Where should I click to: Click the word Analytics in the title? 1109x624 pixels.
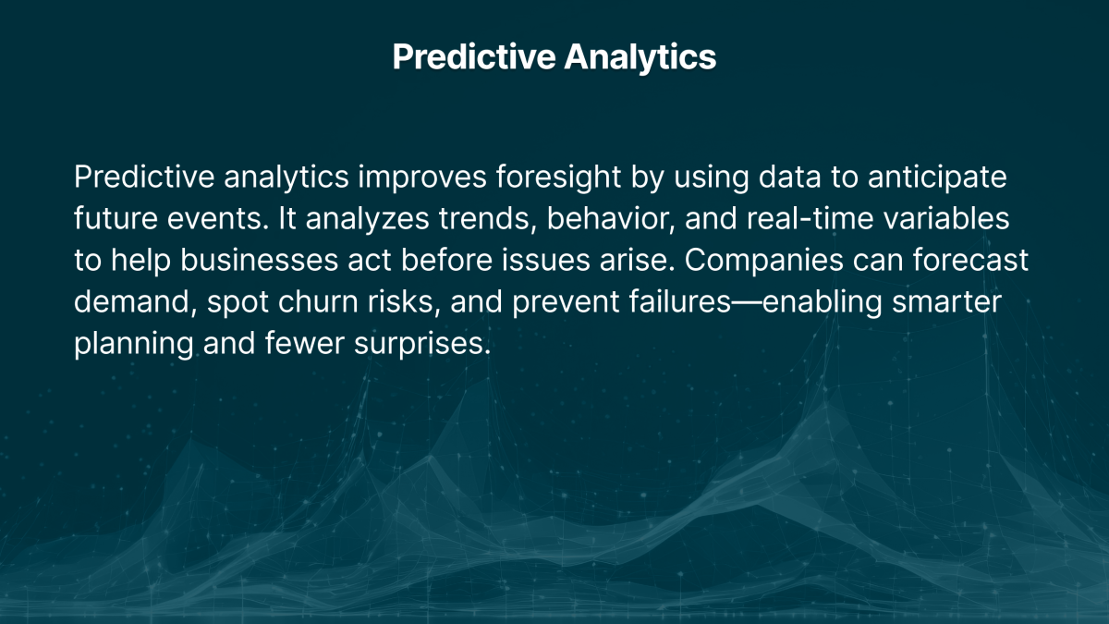(640, 57)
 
